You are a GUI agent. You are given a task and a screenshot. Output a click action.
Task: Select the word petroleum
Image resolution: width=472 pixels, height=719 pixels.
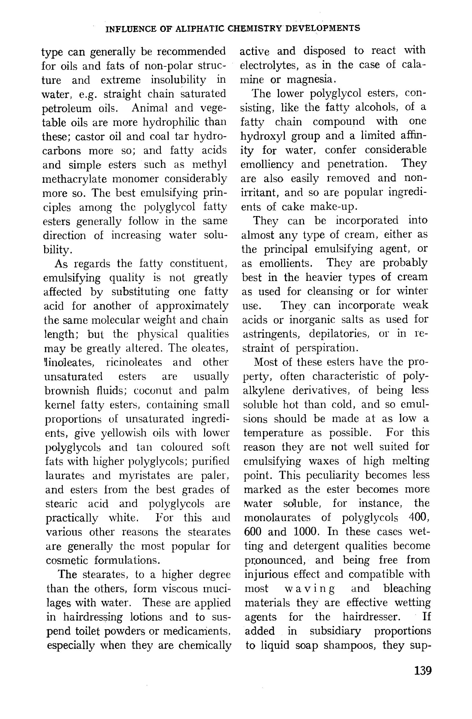[66, 108]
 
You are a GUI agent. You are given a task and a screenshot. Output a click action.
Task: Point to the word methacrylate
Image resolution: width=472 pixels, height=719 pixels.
[74, 179]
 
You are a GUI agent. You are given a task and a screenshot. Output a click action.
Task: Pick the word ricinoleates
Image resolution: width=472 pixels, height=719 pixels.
[134, 362]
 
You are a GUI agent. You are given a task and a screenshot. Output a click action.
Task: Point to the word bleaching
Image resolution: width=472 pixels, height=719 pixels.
[407, 588]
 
